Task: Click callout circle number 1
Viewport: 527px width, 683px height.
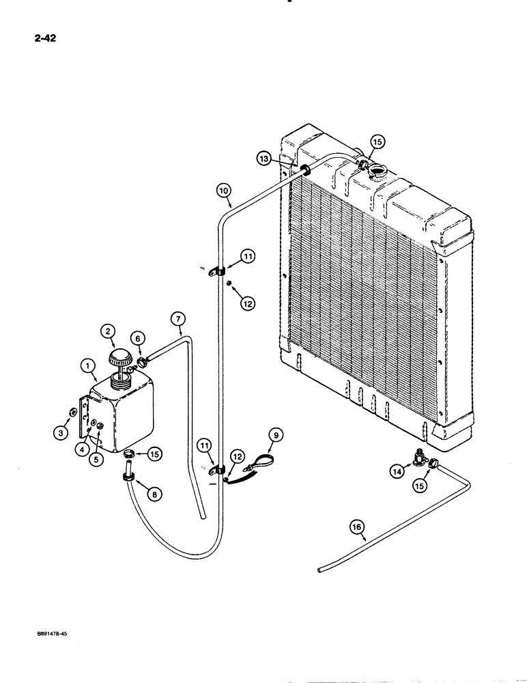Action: pos(89,367)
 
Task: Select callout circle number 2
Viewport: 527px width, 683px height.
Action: pos(107,331)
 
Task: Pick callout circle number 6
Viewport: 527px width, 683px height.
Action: pos(137,338)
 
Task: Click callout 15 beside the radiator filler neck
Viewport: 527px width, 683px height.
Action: pos(378,141)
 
